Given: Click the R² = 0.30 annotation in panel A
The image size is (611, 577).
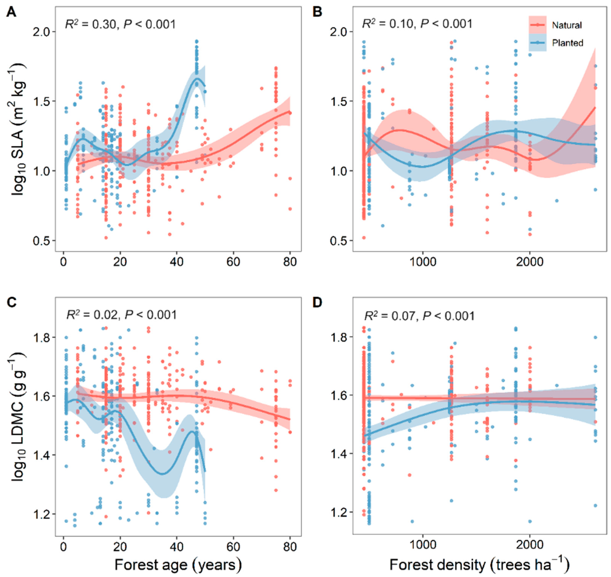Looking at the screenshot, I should click(x=120, y=24).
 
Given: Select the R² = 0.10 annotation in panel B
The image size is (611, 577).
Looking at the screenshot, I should click(x=417, y=24).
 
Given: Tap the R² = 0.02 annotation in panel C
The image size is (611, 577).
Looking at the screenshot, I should click(x=122, y=315).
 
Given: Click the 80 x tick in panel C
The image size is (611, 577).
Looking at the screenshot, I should click(x=290, y=546).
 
